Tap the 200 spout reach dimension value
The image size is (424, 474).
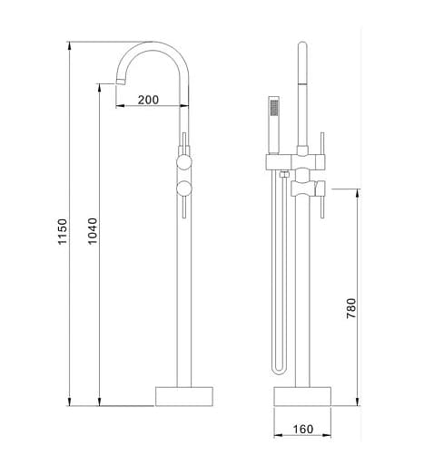[x=151, y=101]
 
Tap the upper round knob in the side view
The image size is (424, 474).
[x=183, y=163]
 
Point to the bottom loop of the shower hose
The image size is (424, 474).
[x=277, y=368]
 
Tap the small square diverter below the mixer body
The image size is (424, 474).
[x=284, y=173]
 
